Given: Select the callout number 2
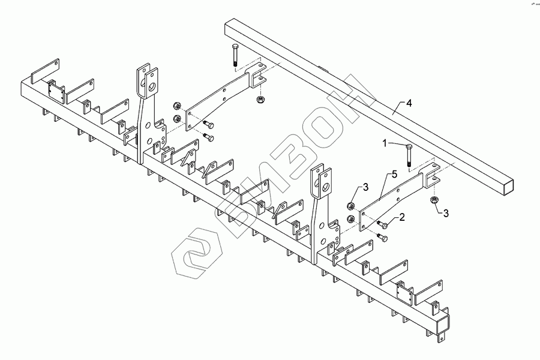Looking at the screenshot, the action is pyautogui.click(x=403, y=217).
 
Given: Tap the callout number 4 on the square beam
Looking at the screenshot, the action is pyautogui.click(x=409, y=103).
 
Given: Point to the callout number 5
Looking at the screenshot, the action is pyautogui.click(x=394, y=175).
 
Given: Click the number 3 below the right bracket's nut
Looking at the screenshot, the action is pyautogui.click(x=445, y=211).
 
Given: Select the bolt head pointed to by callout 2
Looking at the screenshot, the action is pyautogui.click(x=381, y=224).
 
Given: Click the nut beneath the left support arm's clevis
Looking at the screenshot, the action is pyautogui.click(x=260, y=98).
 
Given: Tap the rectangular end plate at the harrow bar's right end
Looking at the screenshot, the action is pyautogui.click(x=442, y=328).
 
